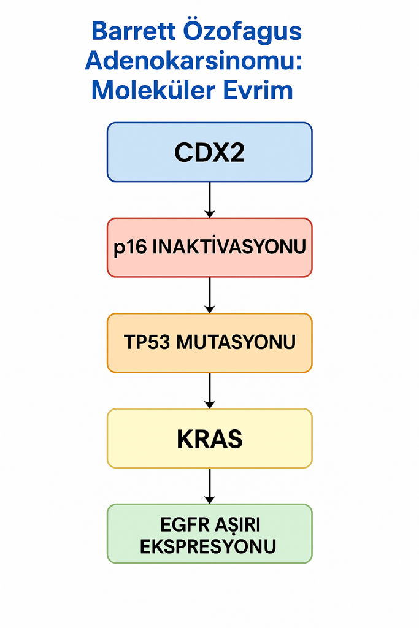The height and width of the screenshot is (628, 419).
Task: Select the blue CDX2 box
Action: click(209, 152)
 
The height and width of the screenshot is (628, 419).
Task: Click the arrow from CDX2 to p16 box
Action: click(210, 199)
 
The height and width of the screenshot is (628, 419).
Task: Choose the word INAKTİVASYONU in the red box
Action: click(228, 248)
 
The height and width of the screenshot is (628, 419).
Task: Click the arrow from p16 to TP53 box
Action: click(210, 295)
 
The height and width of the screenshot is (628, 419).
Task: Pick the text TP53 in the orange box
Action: click(147, 343)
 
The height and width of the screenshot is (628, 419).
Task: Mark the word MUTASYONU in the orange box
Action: click(236, 343)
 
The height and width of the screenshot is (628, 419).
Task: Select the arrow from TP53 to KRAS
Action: click(210, 391)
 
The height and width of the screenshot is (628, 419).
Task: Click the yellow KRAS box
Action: click(209, 438)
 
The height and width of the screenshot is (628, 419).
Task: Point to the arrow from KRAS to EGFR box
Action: click(210, 486)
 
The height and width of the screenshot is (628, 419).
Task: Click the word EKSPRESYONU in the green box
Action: click(208, 546)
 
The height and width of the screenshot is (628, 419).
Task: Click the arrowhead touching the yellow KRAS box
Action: click(210, 404)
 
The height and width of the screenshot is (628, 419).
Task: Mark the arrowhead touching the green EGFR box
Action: click(210, 500)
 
